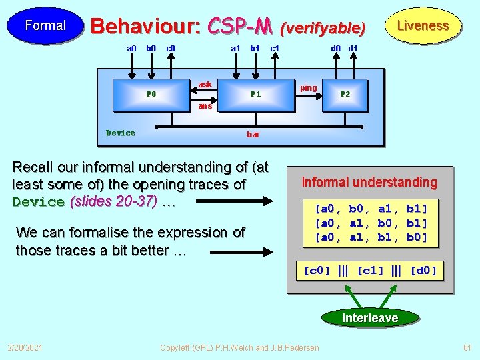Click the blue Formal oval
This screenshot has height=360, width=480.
45,26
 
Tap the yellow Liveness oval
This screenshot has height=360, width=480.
423,26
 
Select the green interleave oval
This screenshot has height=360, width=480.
369,318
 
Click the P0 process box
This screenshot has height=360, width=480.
151,94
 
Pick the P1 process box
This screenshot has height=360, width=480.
255,94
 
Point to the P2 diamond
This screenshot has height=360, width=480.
345,94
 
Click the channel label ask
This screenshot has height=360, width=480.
205,85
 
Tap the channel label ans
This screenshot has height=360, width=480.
205,106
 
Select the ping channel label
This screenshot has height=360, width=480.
309,88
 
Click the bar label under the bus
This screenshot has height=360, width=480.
253,135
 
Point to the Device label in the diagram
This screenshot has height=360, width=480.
120,133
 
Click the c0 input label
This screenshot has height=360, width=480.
171,48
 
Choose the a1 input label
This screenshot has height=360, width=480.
235,48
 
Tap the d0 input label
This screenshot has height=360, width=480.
337,48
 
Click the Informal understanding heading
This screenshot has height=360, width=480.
369,182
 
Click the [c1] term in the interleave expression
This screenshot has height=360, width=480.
370,271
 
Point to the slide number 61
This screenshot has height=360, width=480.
467,347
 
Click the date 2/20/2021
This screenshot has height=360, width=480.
25,347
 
